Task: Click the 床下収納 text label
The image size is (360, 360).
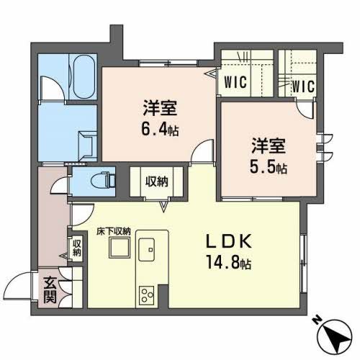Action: coord(114,231)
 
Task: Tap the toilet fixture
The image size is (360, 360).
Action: coord(100,178)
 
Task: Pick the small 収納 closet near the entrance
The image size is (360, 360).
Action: coord(76,248)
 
